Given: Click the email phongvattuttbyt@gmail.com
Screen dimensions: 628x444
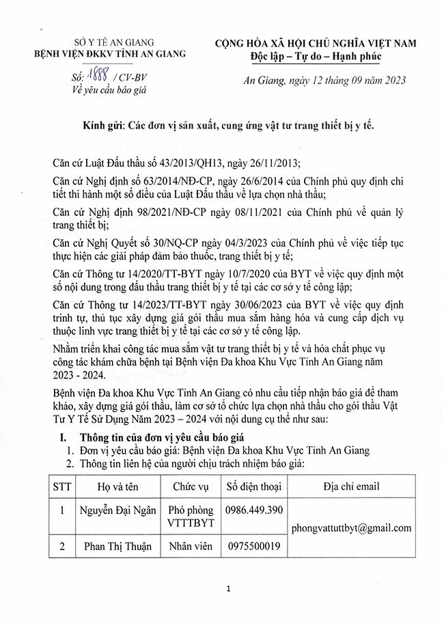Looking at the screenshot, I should coord(351,528).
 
